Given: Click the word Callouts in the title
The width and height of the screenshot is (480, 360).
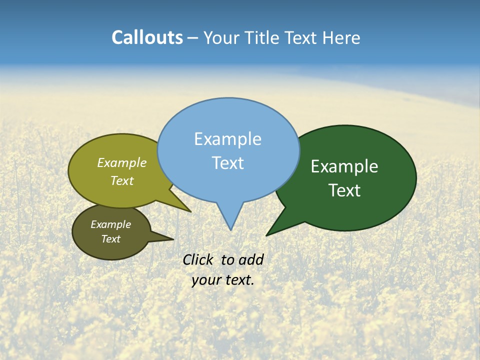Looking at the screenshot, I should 147,37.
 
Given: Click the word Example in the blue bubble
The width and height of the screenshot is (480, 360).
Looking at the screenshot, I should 228,139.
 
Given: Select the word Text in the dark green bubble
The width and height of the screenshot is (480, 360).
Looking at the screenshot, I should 345,190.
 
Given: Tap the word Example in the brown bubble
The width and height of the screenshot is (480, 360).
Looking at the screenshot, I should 110,224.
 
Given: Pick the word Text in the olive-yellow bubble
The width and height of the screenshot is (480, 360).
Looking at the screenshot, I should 122,181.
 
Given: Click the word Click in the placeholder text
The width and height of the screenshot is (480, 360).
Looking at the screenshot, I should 197,259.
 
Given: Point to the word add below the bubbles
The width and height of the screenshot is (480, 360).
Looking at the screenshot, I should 250,259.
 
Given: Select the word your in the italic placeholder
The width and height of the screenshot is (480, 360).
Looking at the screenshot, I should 206,280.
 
